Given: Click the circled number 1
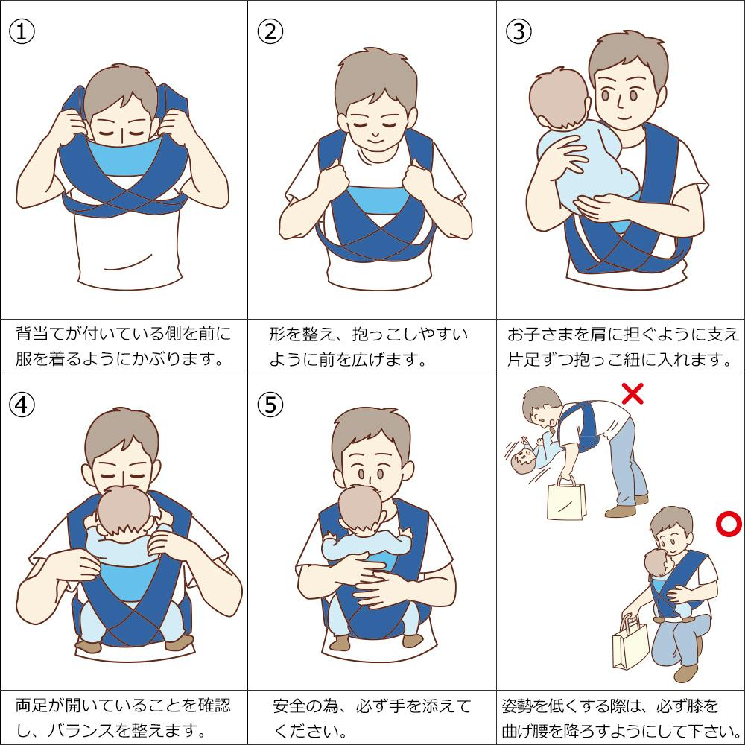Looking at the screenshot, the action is click(22, 31).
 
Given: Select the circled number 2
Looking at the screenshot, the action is click(270, 31).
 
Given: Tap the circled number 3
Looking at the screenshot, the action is click(519, 31).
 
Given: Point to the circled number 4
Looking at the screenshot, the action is click(22, 405).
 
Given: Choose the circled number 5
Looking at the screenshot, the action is click(270, 405).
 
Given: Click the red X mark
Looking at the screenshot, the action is click(633, 394).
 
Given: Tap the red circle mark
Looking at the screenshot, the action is click(729, 524).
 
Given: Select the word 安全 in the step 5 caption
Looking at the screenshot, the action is click(289, 706).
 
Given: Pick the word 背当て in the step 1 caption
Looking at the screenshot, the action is click(40, 334).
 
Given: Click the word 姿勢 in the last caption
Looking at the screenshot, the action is click(519, 706).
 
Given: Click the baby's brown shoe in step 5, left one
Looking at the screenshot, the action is click(340, 643).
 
